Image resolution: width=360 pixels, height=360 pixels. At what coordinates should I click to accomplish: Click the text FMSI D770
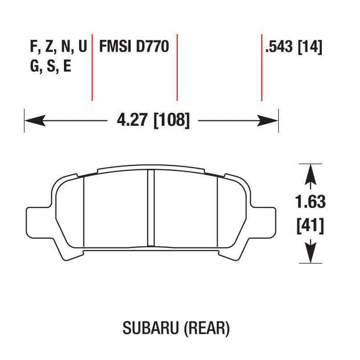point(134,47)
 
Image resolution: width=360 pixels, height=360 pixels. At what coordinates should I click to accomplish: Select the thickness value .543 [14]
point(294,47)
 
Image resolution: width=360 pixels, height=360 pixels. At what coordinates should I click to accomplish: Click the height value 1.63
point(310,202)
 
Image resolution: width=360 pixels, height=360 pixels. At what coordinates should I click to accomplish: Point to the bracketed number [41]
point(310,226)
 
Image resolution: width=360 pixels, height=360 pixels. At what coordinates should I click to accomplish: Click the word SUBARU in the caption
point(150,328)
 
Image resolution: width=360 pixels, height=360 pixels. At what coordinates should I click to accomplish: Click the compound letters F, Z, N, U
point(58,47)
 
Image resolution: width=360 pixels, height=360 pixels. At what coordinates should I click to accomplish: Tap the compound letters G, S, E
point(51,66)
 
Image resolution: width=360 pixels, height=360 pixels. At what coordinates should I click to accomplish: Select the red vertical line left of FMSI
point(92,67)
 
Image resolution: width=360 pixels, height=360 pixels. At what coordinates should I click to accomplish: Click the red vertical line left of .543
point(262,67)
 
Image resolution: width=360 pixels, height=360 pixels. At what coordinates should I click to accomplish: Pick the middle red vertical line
point(177,67)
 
